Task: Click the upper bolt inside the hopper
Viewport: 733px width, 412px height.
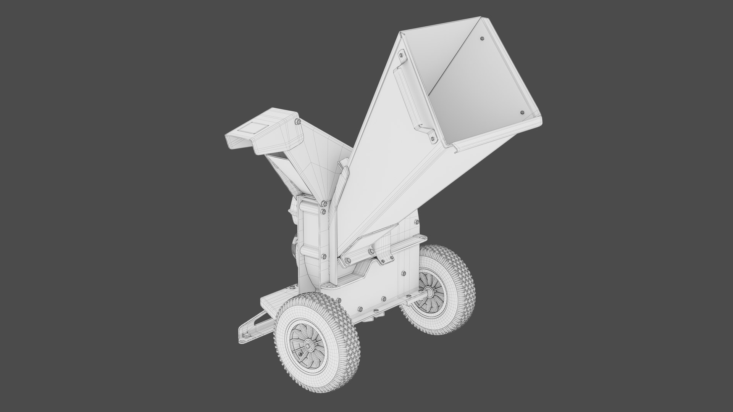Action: (x=481, y=39)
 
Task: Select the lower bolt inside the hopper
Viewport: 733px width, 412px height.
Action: (x=522, y=113)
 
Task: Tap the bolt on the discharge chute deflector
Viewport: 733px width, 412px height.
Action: (x=297, y=122)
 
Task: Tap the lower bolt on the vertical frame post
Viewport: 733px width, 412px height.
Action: (x=324, y=256)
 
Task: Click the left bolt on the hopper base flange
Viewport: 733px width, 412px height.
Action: (x=347, y=261)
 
